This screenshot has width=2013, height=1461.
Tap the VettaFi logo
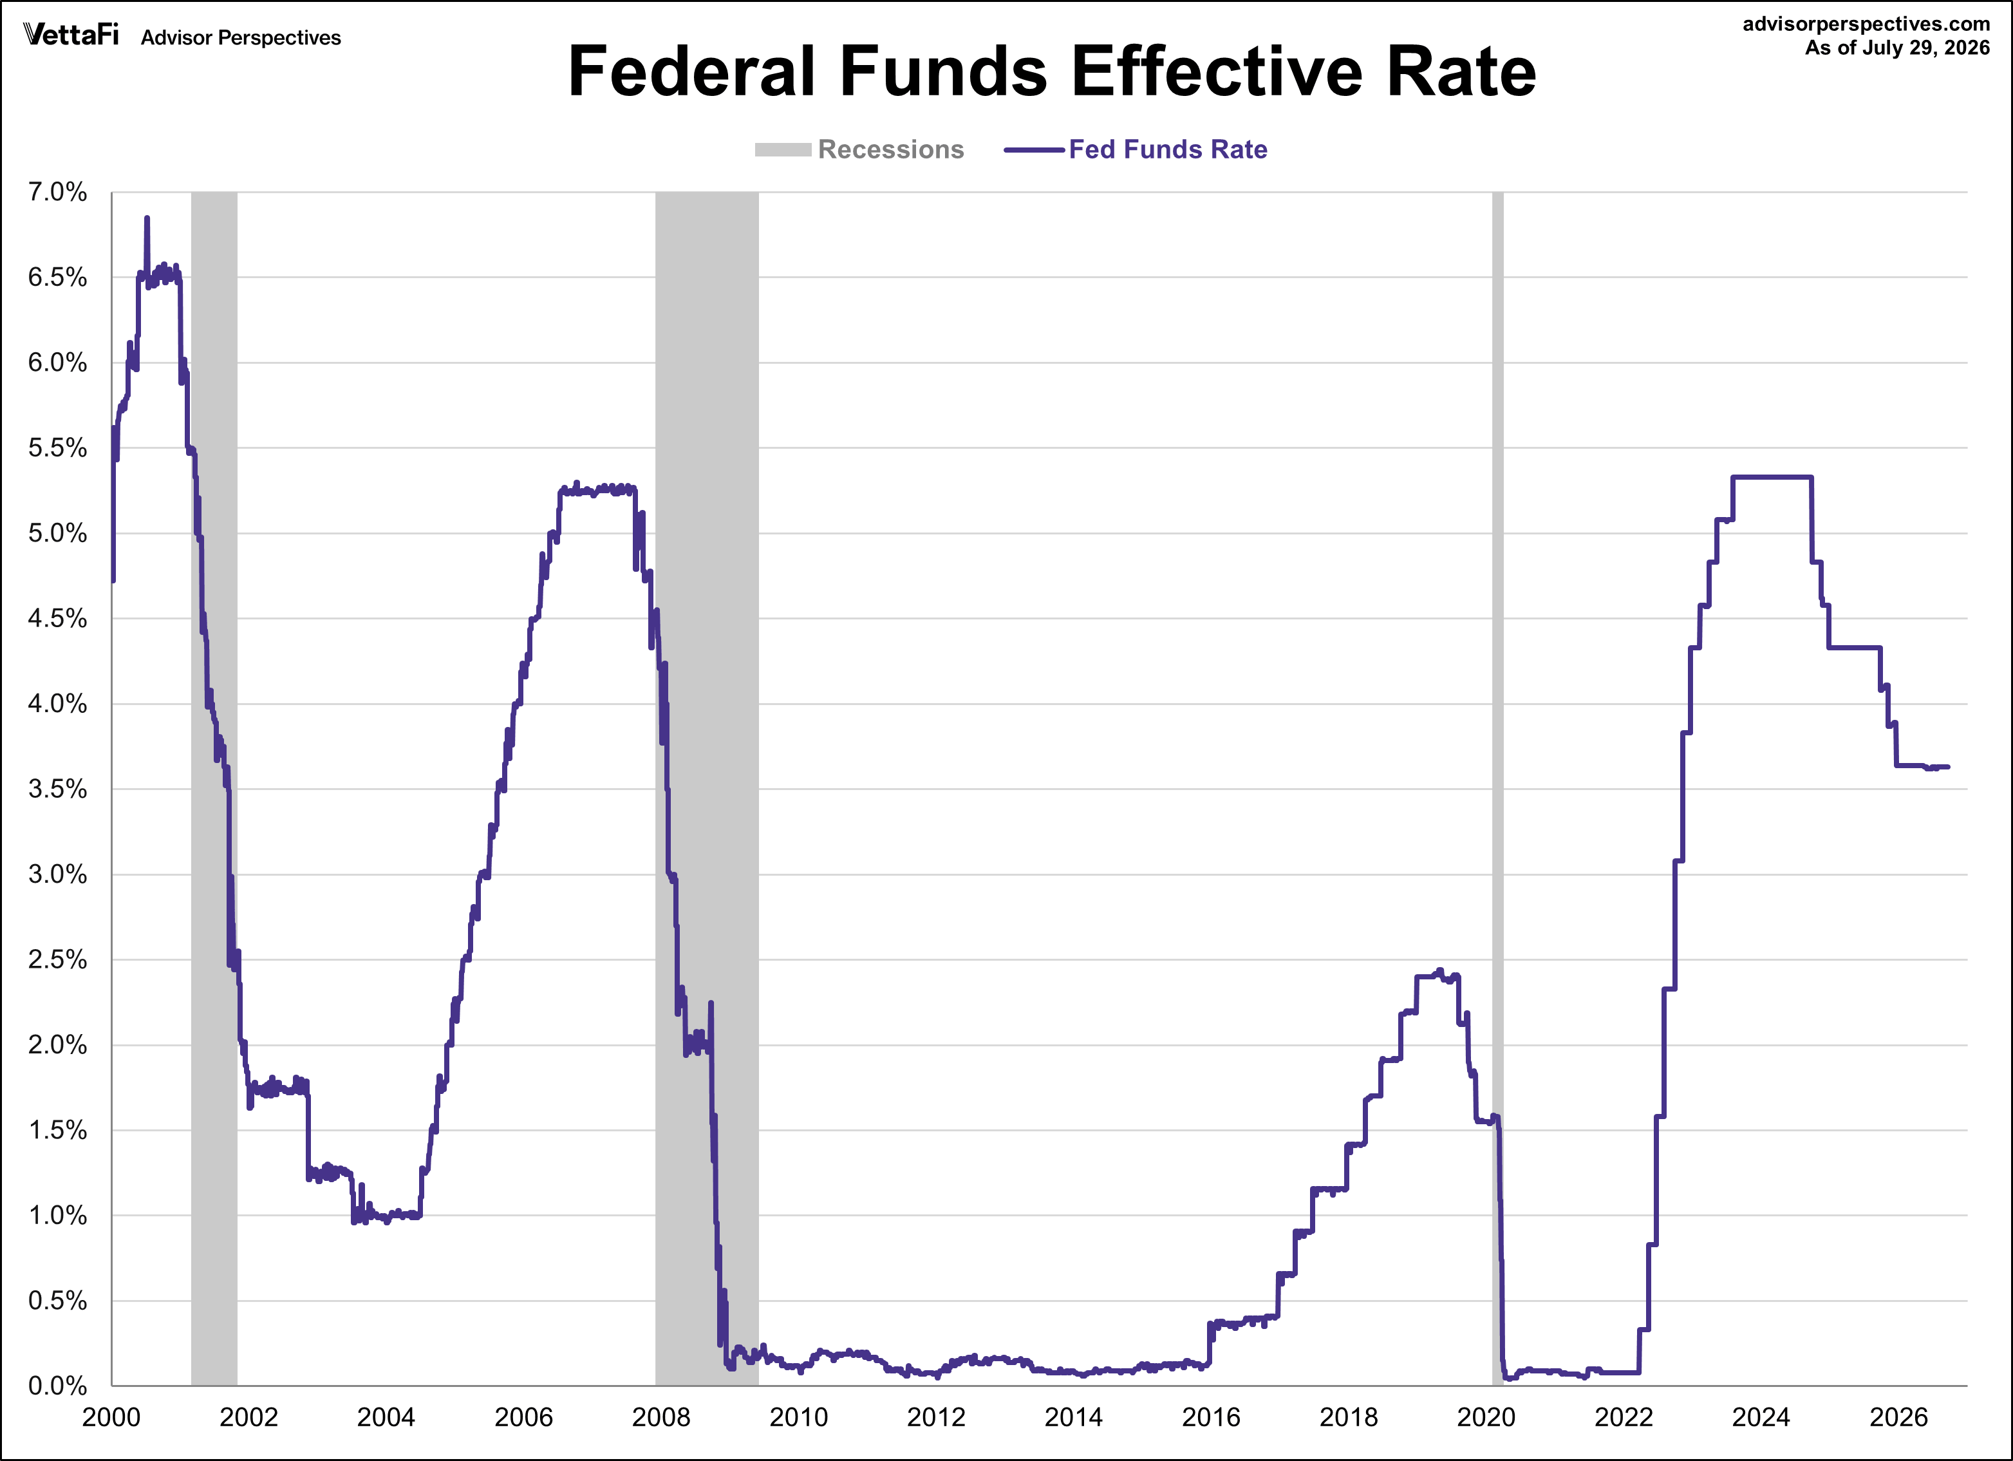pos(71,35)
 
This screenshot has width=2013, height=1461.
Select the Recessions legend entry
pos(859,149)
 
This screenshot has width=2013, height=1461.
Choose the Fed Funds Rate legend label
pos(1167,149)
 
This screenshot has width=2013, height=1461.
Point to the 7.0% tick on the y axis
pos(58,192)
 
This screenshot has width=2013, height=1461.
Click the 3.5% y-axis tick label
pos(58,789)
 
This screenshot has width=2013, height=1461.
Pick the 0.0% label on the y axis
pos(58,1386)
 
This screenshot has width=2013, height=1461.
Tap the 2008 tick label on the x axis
pos(661,1417)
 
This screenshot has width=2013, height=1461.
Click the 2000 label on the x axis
pos(112,1417)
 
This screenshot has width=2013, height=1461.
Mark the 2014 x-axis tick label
pos(1074,1417)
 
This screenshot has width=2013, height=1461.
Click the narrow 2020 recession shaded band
pos(1497,788)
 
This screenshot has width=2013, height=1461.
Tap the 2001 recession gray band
pos(214,788)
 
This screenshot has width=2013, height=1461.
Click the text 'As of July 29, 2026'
pos(1898,48)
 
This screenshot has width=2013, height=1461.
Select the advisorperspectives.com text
pos(1867,24)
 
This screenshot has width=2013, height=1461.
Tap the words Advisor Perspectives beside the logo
pos(241,37)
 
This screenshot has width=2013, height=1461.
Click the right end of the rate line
pos(1948,767)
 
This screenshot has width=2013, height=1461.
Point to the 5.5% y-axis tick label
pos(58,448)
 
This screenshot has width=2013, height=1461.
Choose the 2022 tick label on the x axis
pos(1624,1417)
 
